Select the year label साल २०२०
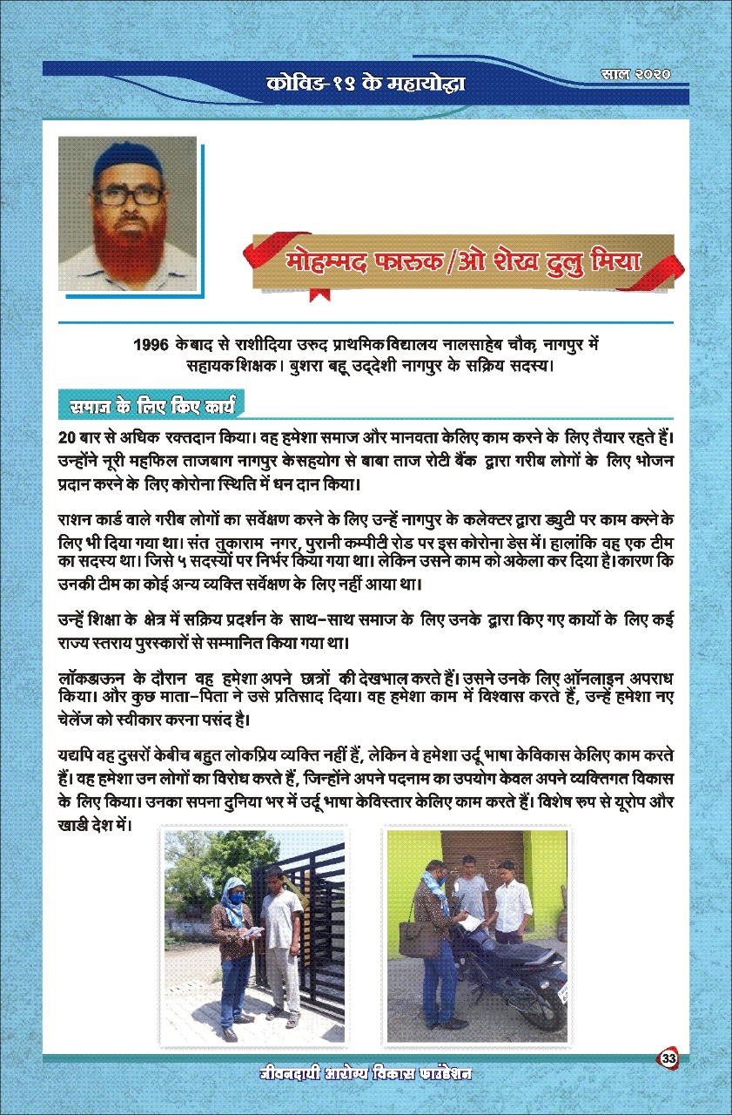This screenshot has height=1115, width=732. pos(639,75)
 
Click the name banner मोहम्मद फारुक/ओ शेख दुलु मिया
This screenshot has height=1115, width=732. pos(461,260)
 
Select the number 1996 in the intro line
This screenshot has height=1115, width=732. pos(151,345)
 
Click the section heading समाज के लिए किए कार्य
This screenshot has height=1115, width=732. pos(147,405)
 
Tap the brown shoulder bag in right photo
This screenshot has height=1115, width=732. pos(433,936)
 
